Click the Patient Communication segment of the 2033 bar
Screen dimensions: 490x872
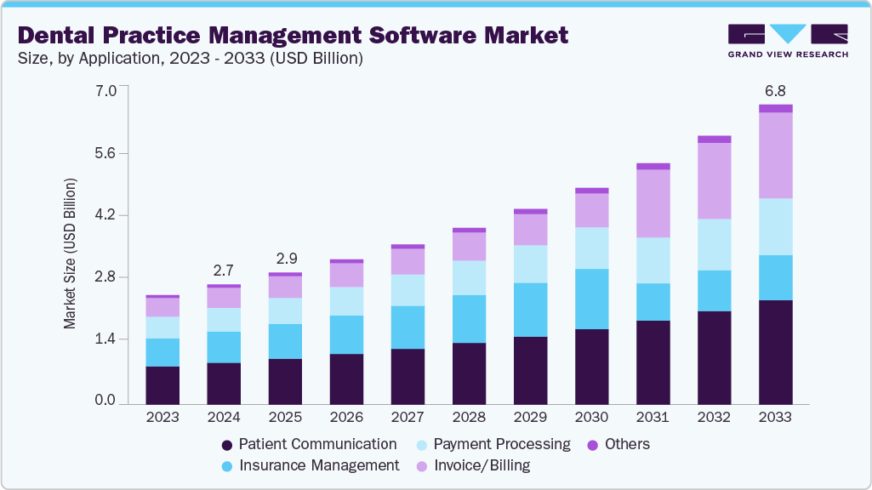[x=775, y=350]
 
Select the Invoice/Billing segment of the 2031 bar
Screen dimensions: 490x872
[x=653, y=203]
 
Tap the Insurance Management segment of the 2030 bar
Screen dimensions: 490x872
[x=591, y=299]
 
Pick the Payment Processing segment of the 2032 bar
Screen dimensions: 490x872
[x=714, y=245]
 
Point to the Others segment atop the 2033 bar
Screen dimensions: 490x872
[x=775, y=108]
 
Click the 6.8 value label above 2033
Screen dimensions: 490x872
[x=775, y=90]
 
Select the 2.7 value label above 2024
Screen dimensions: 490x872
[x=224, y=271]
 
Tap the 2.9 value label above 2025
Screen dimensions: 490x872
[x=285, y=258]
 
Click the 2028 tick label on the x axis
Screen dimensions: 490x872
[x=469, y=418]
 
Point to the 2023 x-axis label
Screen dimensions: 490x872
[x=162, y=418]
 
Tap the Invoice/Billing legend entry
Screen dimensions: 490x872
[x=480, y=465]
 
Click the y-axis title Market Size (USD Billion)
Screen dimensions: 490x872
[x=71, y=254]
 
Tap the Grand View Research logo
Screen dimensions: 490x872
[x=787, y=40]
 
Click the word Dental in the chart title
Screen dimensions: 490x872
[x=56, y=36]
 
